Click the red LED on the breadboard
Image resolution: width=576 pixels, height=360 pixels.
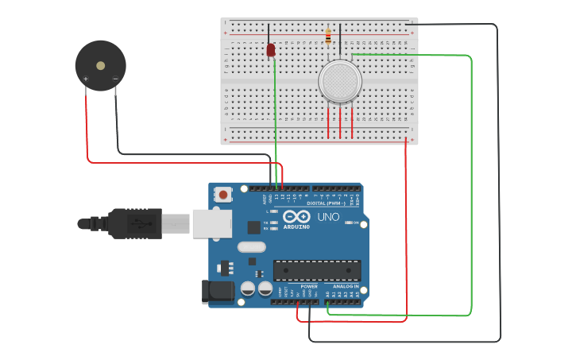271,50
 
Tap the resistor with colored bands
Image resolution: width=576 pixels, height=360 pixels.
328,37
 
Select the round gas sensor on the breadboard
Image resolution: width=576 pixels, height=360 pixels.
340,81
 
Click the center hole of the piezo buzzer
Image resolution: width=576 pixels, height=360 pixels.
100,66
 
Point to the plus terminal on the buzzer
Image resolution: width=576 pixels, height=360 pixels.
86,79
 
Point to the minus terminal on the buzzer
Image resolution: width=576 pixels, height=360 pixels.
115,79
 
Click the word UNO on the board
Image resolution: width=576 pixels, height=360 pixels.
328,217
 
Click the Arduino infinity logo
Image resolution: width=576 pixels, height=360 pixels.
296,216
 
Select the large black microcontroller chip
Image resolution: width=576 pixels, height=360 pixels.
317,270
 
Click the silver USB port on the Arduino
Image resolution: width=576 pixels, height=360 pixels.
211,223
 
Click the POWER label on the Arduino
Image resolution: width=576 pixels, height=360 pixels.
309,286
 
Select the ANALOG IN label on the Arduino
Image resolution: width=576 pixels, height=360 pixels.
346,286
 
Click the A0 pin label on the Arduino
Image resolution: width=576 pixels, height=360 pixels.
327,294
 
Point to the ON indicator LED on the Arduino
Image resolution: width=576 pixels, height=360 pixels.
350,223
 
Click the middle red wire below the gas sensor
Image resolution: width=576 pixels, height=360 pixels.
340,123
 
